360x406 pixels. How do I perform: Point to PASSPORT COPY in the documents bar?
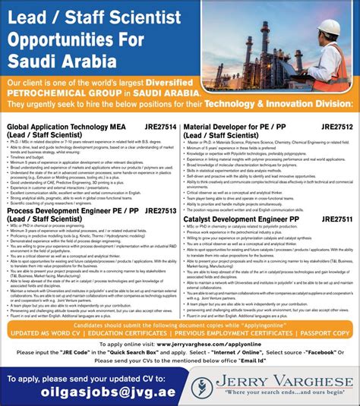pos(324,333)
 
